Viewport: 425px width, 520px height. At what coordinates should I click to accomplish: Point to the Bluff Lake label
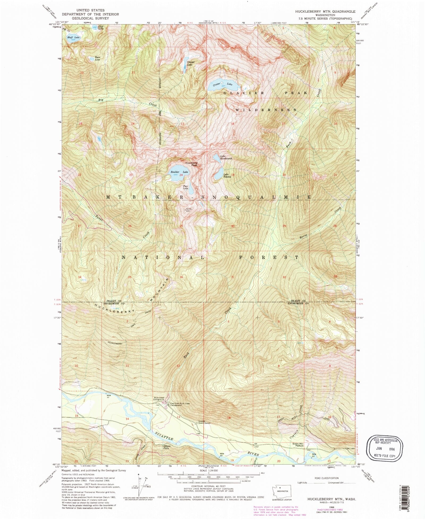pos(73,37)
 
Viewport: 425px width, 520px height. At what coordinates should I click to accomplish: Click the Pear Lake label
pos(185,187)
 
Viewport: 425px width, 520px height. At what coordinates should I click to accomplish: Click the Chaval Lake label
pos(190,63)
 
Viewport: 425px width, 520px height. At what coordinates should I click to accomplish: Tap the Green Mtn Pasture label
pos(298,445)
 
